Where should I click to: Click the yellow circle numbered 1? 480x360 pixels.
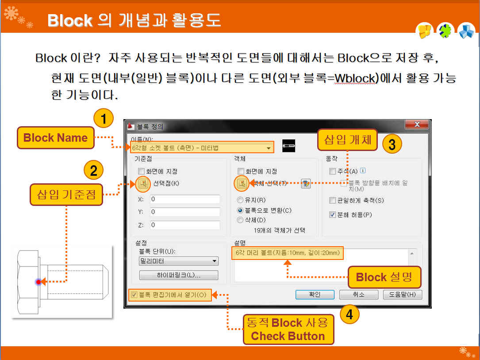104,119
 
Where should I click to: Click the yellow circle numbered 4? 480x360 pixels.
349,314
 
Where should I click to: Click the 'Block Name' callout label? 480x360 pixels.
55,138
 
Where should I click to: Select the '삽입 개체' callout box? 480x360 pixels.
347,140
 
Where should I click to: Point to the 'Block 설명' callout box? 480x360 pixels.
384,277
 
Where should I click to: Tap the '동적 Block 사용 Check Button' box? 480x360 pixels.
288,329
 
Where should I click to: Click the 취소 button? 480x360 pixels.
358,294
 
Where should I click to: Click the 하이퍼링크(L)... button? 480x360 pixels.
179,275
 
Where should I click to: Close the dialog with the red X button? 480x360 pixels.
417,126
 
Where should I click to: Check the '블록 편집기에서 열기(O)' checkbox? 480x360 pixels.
134,294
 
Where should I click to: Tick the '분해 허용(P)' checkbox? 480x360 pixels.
333,215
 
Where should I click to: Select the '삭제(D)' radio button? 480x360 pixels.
241,220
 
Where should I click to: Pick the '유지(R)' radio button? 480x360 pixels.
241,200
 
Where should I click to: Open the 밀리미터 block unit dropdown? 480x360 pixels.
179,261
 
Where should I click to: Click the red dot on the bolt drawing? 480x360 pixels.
39,282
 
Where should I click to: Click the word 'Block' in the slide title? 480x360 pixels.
70,20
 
